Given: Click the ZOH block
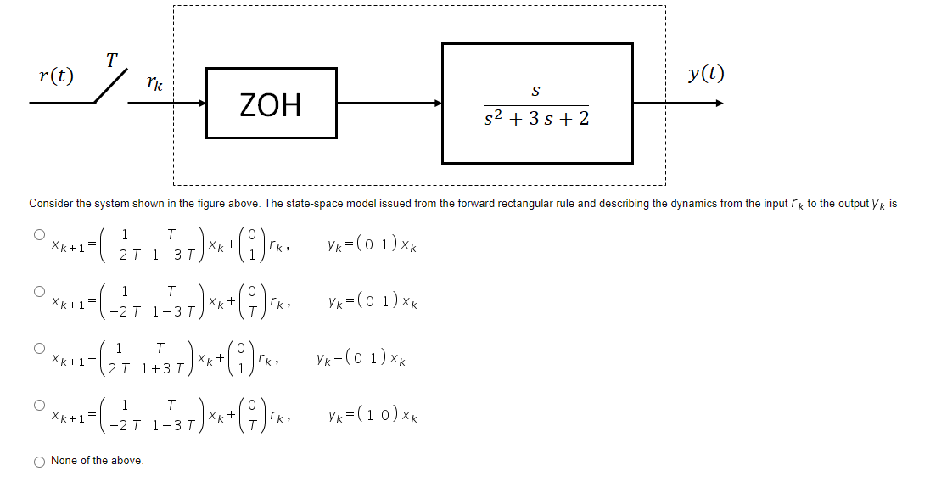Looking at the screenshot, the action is coord(271,103).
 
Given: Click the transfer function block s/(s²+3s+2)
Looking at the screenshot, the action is coord(536,103).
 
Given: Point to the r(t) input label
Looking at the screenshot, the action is coord(56,76).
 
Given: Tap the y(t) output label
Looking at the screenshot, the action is coord(706,73).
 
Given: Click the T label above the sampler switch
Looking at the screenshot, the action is coord(111,59).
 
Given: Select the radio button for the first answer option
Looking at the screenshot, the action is coord(38,234).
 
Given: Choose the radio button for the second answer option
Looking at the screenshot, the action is coord(38,290).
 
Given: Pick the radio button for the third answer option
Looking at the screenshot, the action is coord(38,347).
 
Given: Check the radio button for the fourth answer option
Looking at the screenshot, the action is coord(38,404).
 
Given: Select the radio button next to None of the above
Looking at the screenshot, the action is coord(40,461).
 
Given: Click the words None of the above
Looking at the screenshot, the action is coord(97,461).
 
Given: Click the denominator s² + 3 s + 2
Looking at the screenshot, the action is coord(536,119).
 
